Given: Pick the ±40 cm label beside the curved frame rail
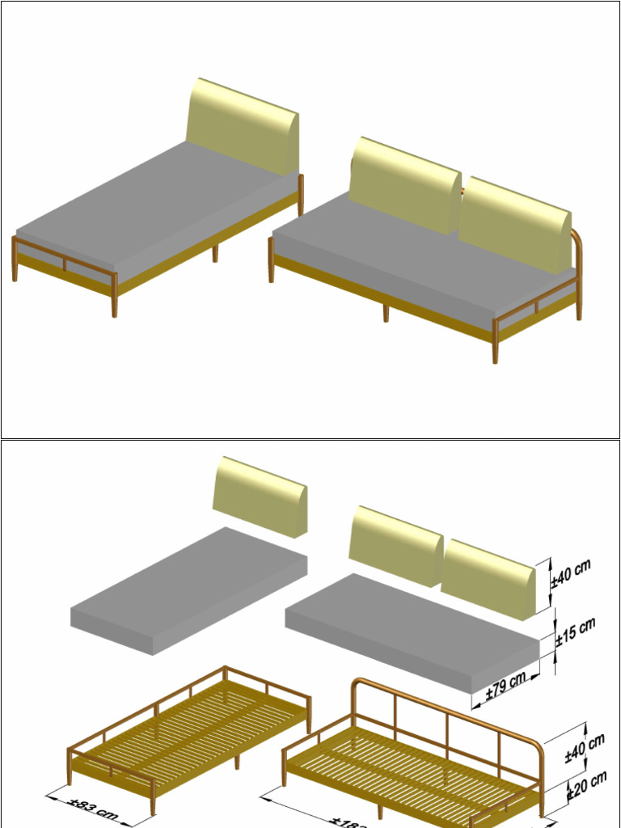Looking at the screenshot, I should click(x=584, y=747).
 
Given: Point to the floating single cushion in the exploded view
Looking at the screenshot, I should click(x=259, y=495).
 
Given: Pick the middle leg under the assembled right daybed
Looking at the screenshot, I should click(x=386, y=312).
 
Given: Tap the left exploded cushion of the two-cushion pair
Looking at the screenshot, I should click(x=395, y=543).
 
